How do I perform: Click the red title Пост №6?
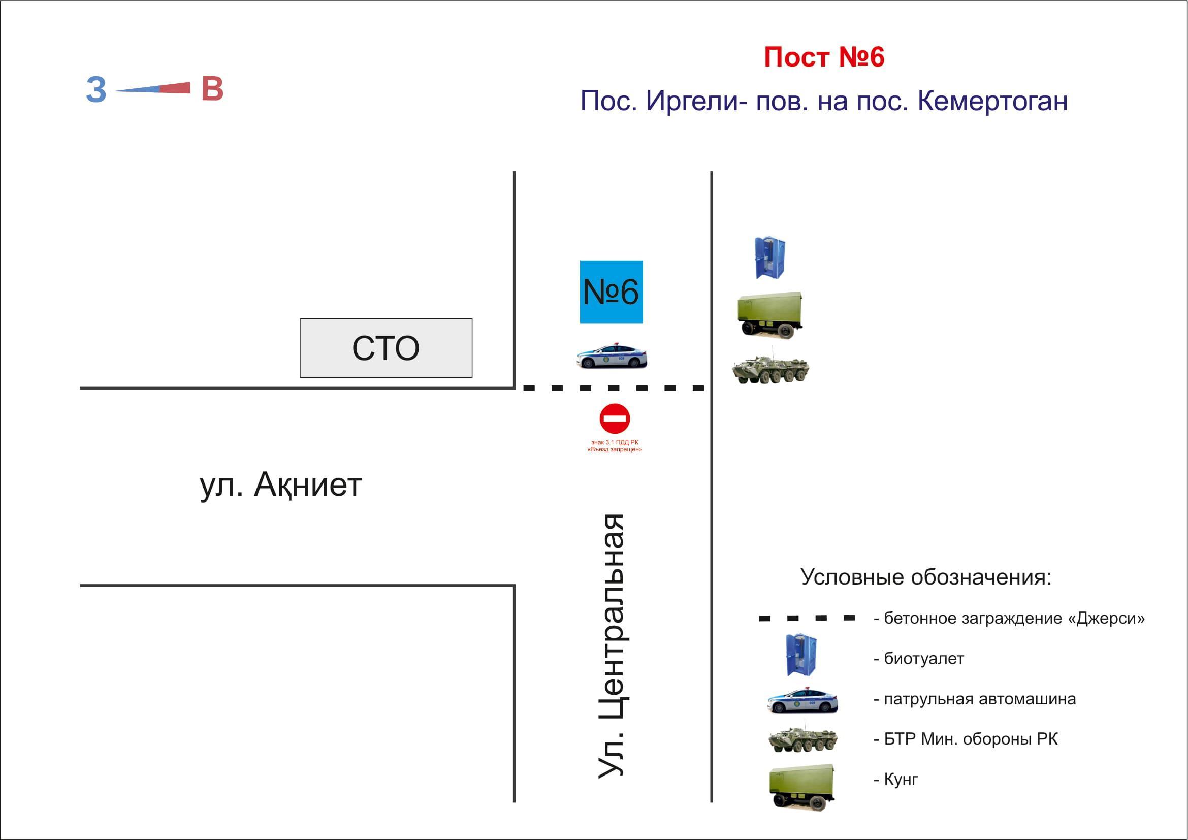824,57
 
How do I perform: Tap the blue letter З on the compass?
95,90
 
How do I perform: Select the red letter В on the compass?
212,88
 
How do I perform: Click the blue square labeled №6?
611,292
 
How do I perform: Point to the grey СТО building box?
386,347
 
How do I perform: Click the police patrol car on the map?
612,356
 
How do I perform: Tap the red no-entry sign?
614,418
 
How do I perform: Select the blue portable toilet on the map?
769,257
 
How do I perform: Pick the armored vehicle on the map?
770,368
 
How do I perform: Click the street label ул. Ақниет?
280,485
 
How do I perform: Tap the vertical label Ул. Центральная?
612,646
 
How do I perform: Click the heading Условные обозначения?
926,577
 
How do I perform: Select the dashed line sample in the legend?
807,618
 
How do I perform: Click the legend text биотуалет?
923,659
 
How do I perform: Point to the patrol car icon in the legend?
802,700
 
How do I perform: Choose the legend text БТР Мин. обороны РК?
971,739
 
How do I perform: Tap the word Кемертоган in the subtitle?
992,102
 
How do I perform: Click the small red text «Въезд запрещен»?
615,450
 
